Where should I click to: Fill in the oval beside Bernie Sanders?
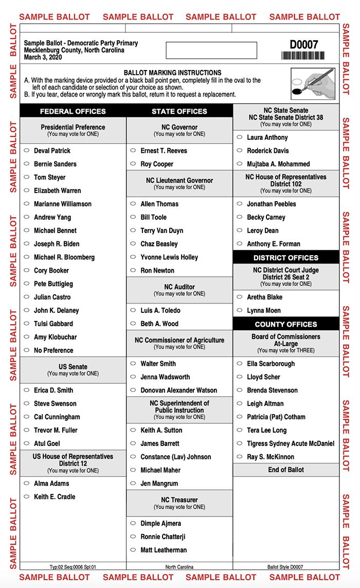click(27, 164)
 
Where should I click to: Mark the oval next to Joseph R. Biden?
click(27, 244)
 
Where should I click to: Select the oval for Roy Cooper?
click(133, 164)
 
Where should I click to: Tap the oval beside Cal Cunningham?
click(27, 417)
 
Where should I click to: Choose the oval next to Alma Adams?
click(27, 484)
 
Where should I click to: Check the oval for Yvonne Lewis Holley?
click(133, 257)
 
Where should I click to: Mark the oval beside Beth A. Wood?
click(133, 324)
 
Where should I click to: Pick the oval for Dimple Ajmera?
click(133, 524)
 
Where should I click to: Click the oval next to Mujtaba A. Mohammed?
click(240, 164)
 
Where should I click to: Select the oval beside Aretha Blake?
click(240, 297)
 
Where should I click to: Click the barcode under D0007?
click(303, 56)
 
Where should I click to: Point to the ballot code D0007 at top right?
click(304, 44)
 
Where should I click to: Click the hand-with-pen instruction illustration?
click(313, 82)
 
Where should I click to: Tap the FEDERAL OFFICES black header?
click(73, 111)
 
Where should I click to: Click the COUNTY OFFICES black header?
click(286, 324)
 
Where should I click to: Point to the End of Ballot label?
click(286, 470)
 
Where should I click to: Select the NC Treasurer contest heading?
click(179, 500)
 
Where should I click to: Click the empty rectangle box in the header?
click(211, 50)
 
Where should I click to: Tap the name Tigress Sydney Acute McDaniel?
click(291, 443)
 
